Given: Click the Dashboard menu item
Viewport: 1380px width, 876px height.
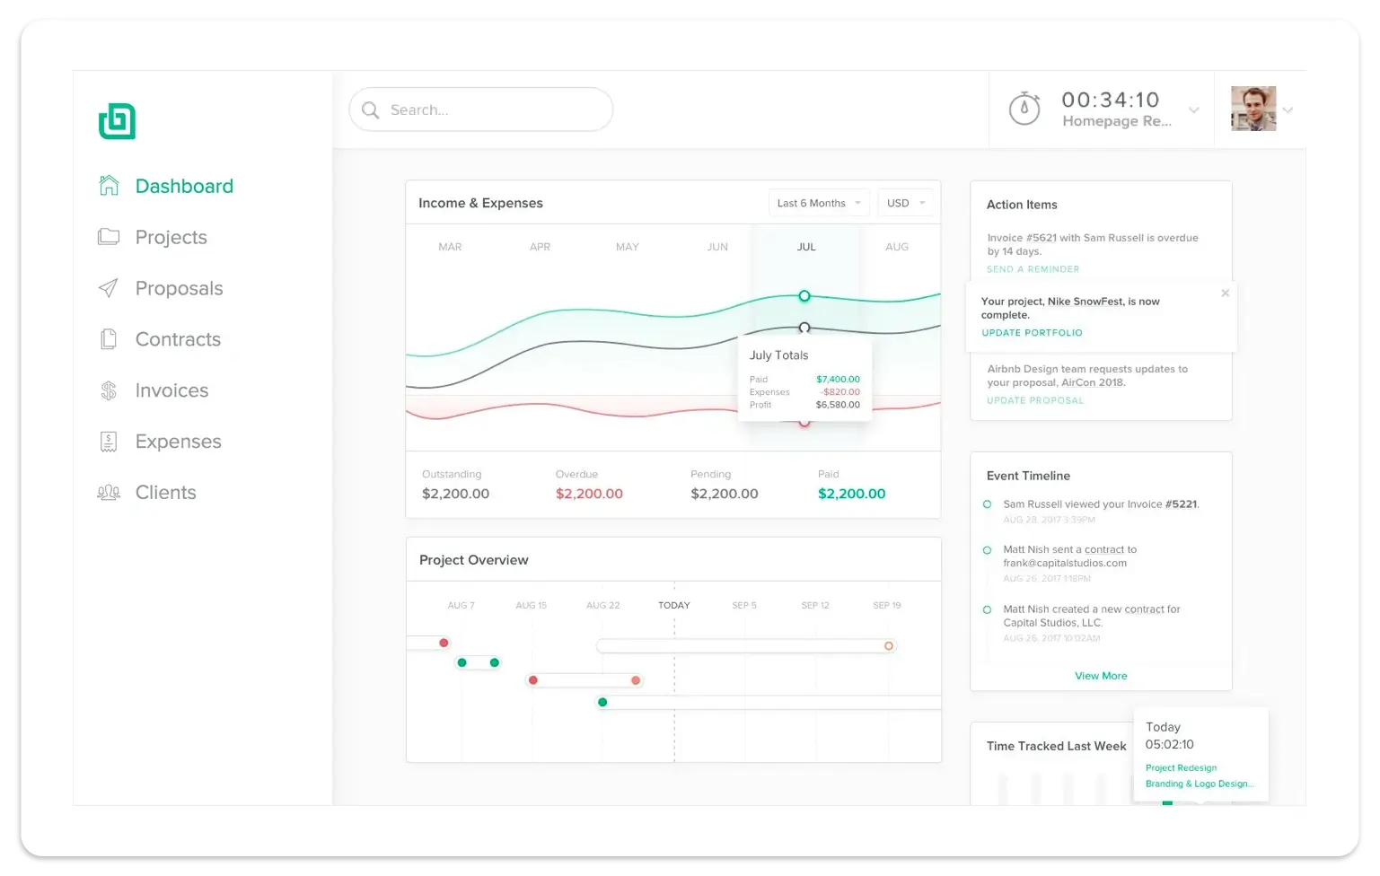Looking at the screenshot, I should click(183, 186).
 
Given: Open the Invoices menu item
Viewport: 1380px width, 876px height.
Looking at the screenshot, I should click(171, 390).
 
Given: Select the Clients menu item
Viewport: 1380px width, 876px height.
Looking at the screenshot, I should click(165, 493).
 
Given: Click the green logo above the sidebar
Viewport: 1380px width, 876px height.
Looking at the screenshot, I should click(117, 121).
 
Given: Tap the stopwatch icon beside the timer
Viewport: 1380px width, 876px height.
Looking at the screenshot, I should click(1024, 109).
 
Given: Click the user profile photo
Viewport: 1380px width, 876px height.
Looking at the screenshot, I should click(1253, 109).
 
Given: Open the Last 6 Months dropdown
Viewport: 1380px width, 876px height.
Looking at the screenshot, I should click(819, 203).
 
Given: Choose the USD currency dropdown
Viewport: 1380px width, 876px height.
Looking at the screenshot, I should click(905, 203).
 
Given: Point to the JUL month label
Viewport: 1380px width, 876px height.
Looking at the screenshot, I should click(806, 247).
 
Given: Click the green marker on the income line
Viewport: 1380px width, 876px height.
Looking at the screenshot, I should click(804, 296).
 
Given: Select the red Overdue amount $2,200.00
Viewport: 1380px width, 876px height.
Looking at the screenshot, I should click(589, 494).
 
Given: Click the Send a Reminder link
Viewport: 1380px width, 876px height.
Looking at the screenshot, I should click(1033, 269).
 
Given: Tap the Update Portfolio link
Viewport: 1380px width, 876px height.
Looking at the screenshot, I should click(1032, 333).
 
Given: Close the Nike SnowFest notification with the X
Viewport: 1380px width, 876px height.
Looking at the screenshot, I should click(1225, 293).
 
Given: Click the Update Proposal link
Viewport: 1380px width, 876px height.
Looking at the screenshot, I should click(1035, 400).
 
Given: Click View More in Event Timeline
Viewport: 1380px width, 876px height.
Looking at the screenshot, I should click(1101, 676).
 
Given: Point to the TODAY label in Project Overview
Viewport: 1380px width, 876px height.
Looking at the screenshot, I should click(674, 605).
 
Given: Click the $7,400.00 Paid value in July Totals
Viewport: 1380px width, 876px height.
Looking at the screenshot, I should click(838, 379).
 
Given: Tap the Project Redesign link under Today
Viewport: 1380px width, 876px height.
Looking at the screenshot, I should click(1181, 767).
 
